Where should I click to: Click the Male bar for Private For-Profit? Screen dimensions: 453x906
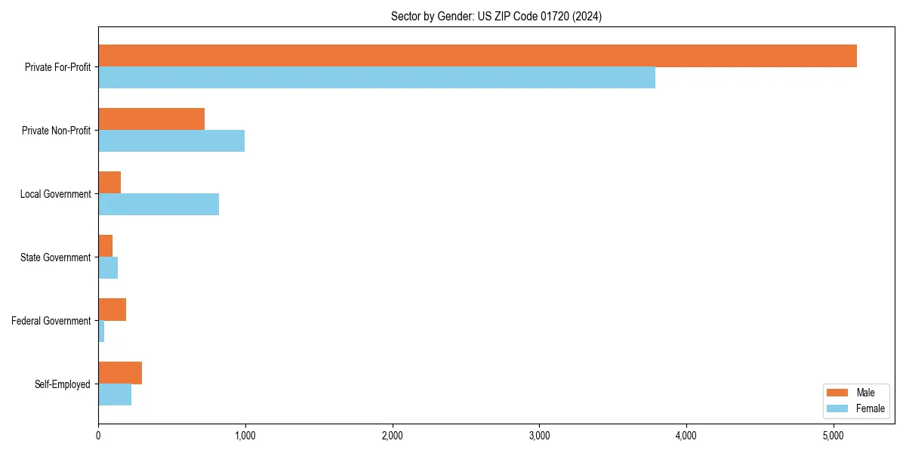click(x=477, y=56)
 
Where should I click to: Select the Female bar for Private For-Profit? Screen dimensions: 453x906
click(x=377, y=78)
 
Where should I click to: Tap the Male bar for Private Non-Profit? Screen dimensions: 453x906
click(x=151, y=119)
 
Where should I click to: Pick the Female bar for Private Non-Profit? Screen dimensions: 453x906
click(x=171, y=141)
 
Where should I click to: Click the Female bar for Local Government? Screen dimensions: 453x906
click(x=159, y=205)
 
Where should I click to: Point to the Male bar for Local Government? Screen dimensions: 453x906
click(x=109, y=183)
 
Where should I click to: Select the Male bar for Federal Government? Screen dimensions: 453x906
click(x=112, y=310)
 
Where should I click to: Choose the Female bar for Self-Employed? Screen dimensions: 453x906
click(x=115, y=395)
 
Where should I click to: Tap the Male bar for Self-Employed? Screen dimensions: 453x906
click(x=120, y=373)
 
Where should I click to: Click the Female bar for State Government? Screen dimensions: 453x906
click(x=108, y=268)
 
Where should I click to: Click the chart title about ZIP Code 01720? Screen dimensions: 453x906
click(x=496, y=16)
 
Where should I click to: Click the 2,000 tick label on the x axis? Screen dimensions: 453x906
click(x=392, y=436)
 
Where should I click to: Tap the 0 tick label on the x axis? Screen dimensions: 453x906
click(x=98, y=436)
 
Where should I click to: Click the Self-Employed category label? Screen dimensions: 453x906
click(x=62, y=384)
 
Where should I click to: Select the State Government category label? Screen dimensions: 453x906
click(x=55, y=257)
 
